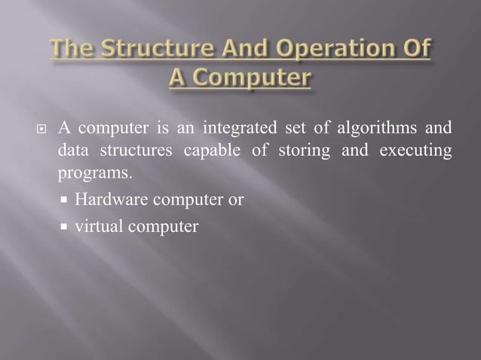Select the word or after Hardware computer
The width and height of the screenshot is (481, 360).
click(236, 200)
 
